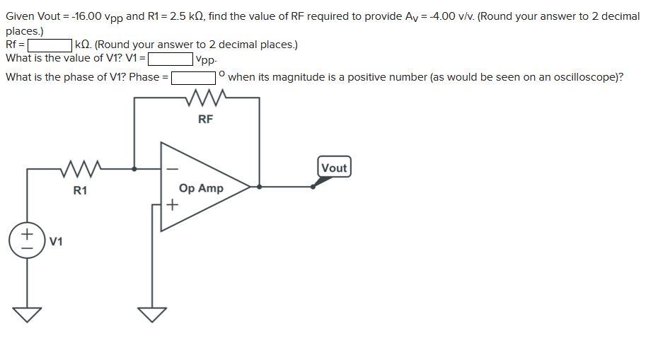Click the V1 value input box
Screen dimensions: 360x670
tap(170, 59)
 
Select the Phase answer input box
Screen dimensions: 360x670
tap(193, 77)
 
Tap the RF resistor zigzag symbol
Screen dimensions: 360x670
tap(205, 99)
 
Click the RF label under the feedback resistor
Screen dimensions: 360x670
tap(205, 119)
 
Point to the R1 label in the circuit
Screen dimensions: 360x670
tap(80, 190)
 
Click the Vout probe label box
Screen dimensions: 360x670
tap(333, 168)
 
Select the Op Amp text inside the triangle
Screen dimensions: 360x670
tap(201, 188)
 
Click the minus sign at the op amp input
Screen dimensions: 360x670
tap(171, 169)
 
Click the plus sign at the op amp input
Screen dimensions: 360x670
tap(171, 205)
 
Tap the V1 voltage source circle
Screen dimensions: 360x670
tap(27, 238)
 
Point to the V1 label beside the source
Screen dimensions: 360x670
tap(56, 242)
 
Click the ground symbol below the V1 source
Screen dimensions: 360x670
tap(27, 313)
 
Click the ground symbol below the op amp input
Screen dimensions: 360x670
tap(152, 313)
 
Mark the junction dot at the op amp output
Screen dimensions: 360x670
tap(260, 187)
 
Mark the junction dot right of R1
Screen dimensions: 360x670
tap(134, 168)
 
